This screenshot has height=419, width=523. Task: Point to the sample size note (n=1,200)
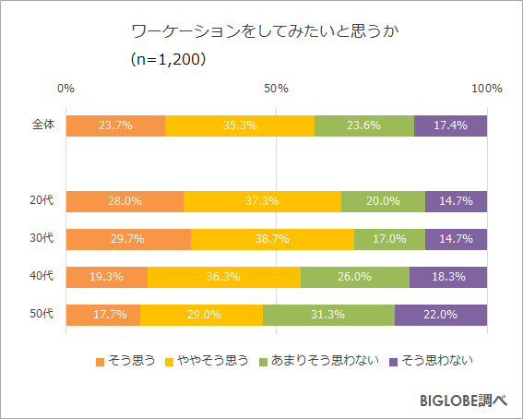(x=167, y=59)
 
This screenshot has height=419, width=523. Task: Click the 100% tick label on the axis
(x=486, y=89)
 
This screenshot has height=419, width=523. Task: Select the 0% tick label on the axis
(x=65, y=89)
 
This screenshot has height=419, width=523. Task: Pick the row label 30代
(x=42, y=239)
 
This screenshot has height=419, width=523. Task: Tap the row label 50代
(x=42, y=315)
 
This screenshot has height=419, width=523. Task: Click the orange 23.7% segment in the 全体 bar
(x=115, y=126)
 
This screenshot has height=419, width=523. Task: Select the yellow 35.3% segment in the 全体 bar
(x=240, y=126)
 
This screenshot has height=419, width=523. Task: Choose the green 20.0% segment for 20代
(x=383, y=201)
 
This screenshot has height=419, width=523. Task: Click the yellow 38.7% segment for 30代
(x=272, y=239)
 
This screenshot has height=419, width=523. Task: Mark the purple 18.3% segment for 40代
(x=448, y=277)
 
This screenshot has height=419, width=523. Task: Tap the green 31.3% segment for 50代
(x=328, y=315)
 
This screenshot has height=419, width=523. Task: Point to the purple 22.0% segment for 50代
(x=441, y=315)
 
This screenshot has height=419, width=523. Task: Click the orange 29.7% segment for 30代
(x=128, y=239)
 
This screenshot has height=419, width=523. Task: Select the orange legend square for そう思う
(x=101, y=361)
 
